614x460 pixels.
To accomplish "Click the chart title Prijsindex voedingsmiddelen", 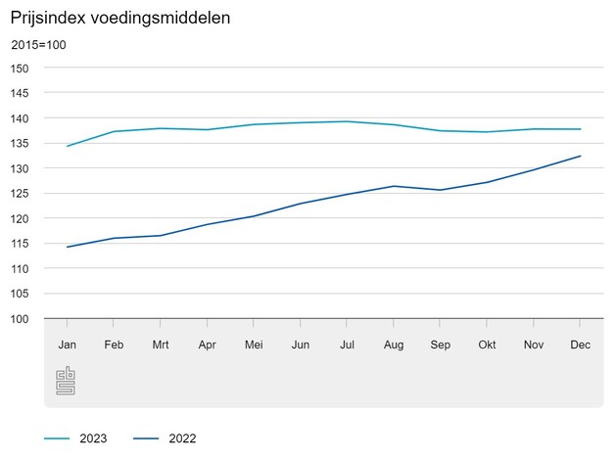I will pos(120,18).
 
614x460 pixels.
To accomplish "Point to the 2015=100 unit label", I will pos(39,45).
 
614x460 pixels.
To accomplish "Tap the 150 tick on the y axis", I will pos(20,69).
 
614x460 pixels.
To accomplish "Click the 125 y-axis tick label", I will pos(20,194).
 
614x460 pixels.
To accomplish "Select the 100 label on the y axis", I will pos(20,319).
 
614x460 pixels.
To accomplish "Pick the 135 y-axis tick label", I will pos(20,144).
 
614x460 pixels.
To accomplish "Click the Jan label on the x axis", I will pos(68,345).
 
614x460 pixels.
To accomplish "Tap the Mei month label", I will pos(254,345).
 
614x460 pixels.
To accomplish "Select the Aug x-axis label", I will pos(394,345).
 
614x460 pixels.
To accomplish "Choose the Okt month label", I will pos(487,345).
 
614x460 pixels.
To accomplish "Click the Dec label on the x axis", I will pos(580,345).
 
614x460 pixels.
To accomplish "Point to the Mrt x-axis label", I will pos(161,345).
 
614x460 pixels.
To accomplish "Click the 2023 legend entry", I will pos(75,438).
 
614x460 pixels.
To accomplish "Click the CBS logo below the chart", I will pos(66,381).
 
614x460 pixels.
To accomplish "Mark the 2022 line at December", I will pos(580,156).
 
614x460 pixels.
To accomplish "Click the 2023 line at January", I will pos(68,146).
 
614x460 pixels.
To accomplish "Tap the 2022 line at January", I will pos(68,247).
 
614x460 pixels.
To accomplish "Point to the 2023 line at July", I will pos(347,121).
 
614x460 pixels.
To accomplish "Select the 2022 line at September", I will pos(440,190).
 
